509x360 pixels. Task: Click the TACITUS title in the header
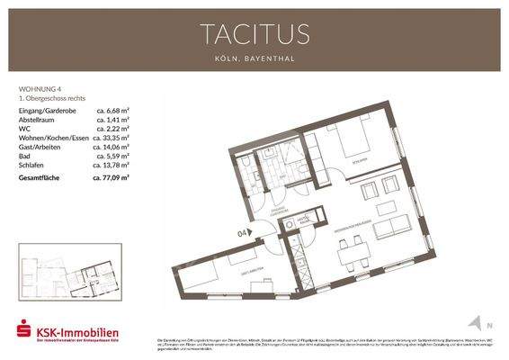(x=254, y=34)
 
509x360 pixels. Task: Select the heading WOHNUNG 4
(x=40, y=90)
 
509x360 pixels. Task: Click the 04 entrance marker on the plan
(x=242, y=233)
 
